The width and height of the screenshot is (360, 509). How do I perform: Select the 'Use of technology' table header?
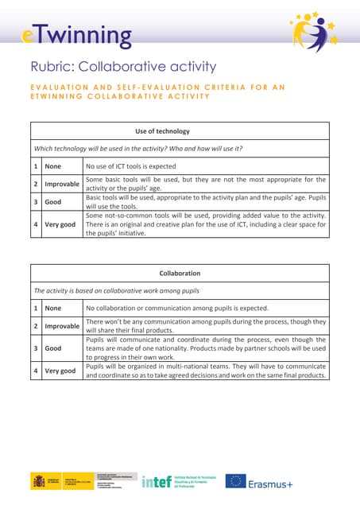point(179,130)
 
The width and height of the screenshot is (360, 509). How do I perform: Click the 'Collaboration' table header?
point(179,273)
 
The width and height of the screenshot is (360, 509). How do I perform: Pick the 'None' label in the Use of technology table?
point(53,165)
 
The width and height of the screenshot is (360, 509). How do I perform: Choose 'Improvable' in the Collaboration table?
point(62,326)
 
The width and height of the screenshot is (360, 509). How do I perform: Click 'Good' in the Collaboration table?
point(53,348)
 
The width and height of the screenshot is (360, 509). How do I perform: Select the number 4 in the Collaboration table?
point(36,371)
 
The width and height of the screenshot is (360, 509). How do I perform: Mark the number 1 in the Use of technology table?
point(36,165)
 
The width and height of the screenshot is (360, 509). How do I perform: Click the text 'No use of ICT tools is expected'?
point(130,165)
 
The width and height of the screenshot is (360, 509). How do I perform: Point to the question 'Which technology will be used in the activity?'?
point(120,149)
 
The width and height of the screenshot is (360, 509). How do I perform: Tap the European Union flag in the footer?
point(235,480)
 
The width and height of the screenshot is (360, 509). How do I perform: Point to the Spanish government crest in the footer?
point(39,480)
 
